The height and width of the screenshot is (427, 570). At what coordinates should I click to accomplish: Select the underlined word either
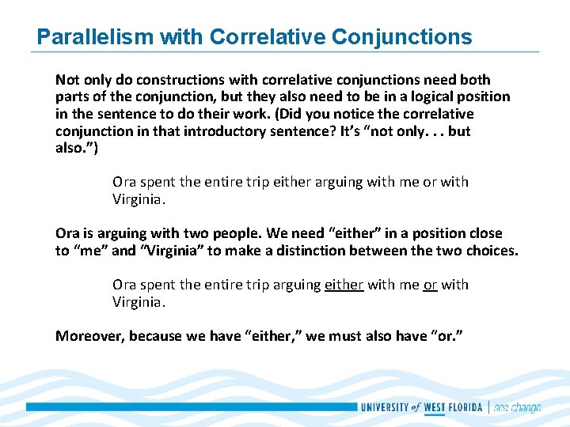(344, 284)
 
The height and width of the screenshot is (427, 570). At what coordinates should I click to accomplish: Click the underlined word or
(430, 284)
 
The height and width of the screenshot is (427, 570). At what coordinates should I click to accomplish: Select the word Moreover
(89, 336)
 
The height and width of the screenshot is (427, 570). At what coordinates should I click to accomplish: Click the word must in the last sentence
(321, 336)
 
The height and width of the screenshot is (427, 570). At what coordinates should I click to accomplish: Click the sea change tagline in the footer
(517, 407)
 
